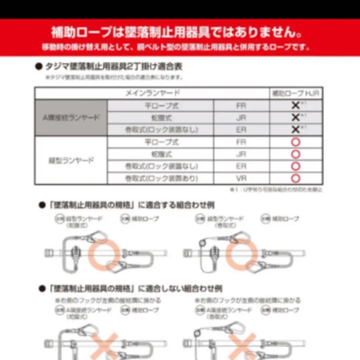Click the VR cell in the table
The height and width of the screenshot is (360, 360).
pyautogui.click(x=241, y=179)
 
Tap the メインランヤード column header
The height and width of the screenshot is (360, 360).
pyautogui.click(x=152, y=93)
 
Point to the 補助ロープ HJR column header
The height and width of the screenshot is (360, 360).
pyautogui.click(x=296, y=93)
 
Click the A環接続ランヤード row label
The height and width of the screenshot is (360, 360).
pyautogui.click(x=71, y=118)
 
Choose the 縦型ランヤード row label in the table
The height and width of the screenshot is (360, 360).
pyautogui.click(x=71, y=160)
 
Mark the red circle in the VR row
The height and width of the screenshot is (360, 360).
pyautogui.click(x=296, y=179)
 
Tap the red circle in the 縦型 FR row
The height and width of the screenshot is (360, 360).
pyautogui.click(x=296, y=142)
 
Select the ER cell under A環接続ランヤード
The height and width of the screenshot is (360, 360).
pyautogui.click(x=241, y=130)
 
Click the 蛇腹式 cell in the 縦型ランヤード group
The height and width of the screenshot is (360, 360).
pyautogui.click(x=162, y=154)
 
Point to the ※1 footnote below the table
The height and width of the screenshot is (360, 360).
pyautogui.click(x=276, y=190)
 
